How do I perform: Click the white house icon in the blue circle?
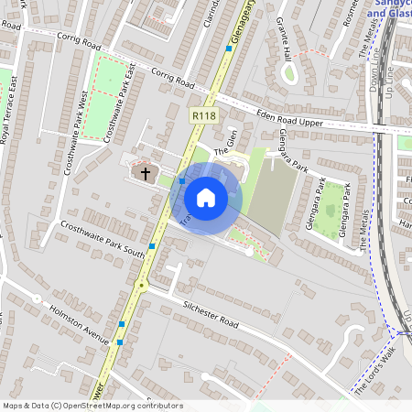click(206, 198)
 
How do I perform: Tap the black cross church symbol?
click(145, 172)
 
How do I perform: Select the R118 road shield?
click(203, 116)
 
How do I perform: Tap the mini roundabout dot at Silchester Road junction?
click(141, 286)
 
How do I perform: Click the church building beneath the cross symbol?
click(143, 175)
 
